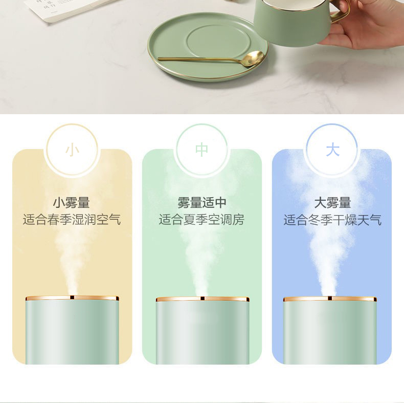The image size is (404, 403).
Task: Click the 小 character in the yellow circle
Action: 72,150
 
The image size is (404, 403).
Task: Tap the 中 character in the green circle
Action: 201,150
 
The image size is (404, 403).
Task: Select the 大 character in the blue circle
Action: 332,150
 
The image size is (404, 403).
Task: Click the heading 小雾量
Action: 72,203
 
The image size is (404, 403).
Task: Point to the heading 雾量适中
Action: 201,203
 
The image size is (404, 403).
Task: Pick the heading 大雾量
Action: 332,203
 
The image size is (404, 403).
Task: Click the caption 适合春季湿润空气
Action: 72,220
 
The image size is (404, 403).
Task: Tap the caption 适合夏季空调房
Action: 201,220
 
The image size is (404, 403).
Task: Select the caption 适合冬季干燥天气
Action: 332,220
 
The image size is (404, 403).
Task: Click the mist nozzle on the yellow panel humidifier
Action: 72,298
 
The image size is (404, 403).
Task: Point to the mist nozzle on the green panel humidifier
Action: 203,299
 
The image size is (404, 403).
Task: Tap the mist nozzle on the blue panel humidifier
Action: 330,298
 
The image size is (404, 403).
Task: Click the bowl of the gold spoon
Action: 254,58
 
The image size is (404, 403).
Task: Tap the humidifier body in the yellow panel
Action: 72,330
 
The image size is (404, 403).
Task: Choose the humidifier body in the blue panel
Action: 330,331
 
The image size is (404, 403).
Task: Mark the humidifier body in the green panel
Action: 203,331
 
